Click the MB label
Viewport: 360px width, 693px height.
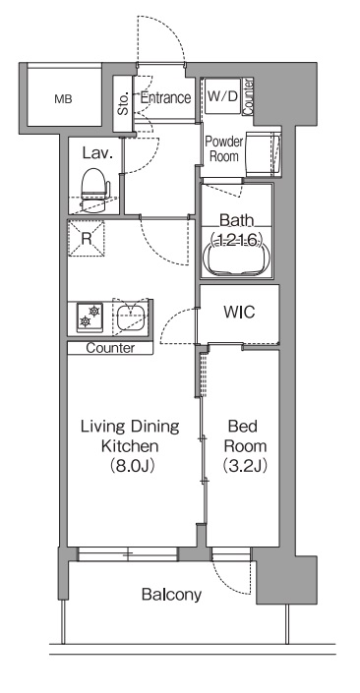pyautogui.click(x=63, y=99)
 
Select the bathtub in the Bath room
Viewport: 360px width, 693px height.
pyautogui.click(x=237, y=259)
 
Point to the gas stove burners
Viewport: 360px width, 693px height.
pyautogui.click(x=90, y=317)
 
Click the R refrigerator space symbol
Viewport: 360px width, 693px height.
pyautogui.click(x=87, y=238)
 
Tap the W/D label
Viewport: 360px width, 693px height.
pyautogui.click(x=222, y=96)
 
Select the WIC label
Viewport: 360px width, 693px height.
pyautogui.click(x=239, y=313)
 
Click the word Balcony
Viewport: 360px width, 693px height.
pyautogui.click(x=171, y=595)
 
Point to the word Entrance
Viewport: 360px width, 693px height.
pyautogui.click(x=165, y=97)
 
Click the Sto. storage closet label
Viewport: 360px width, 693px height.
pyautogui.click(x=123, y=102)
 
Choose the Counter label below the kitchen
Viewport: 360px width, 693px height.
pyautogui.click(x=110, y=348)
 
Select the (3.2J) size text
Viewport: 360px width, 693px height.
pyautogui.click(x=245, y=465)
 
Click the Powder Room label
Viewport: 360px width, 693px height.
pyautogui.click(x=224, y=149)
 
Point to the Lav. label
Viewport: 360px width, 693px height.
pyautogui.click(x=97, y=153)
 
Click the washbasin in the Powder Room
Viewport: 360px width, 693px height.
pyautogui.click(x=264, y=154)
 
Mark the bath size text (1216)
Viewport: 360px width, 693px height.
pyautogui.click(x=237, y=239)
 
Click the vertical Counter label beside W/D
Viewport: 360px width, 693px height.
pyautogui.click(x=248, y=97)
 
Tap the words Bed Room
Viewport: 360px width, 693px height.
pyautogui.click(x=245, y=436)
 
